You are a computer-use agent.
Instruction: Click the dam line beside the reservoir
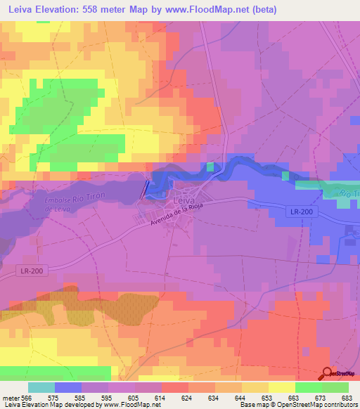[x=146, y=187]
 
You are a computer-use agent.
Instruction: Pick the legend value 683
[x=344, y=398]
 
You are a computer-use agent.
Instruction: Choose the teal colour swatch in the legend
[x=41, y=387]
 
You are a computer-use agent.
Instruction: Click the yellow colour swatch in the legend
[x=281, y=387]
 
